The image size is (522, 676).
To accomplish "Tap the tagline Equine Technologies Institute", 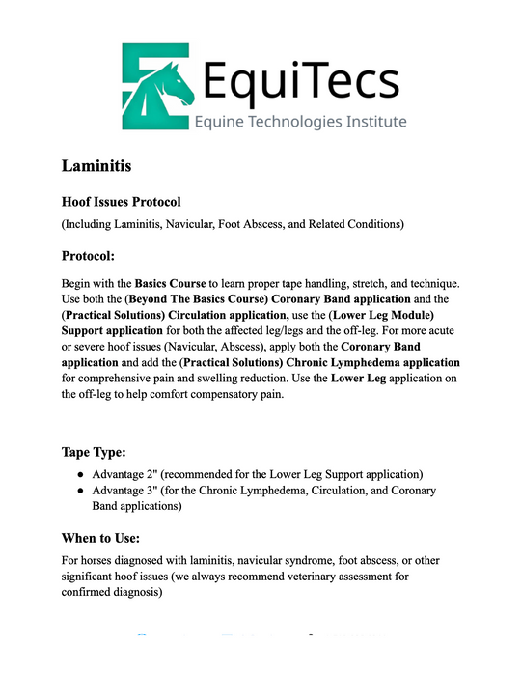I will (x=301, y=122).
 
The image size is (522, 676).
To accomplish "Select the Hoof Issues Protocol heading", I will (x=122, y=202).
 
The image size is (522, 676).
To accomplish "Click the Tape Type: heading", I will (x=101, y=451).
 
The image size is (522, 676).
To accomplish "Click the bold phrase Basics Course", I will (x=170, y=284).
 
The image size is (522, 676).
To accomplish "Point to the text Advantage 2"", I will (x=129, y=475).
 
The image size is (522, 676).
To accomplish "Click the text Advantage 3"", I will (x=129, y=491).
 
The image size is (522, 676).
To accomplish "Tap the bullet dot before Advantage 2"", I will (x=80, y=475).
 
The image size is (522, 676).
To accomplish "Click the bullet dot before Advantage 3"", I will (x=80, y=491).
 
